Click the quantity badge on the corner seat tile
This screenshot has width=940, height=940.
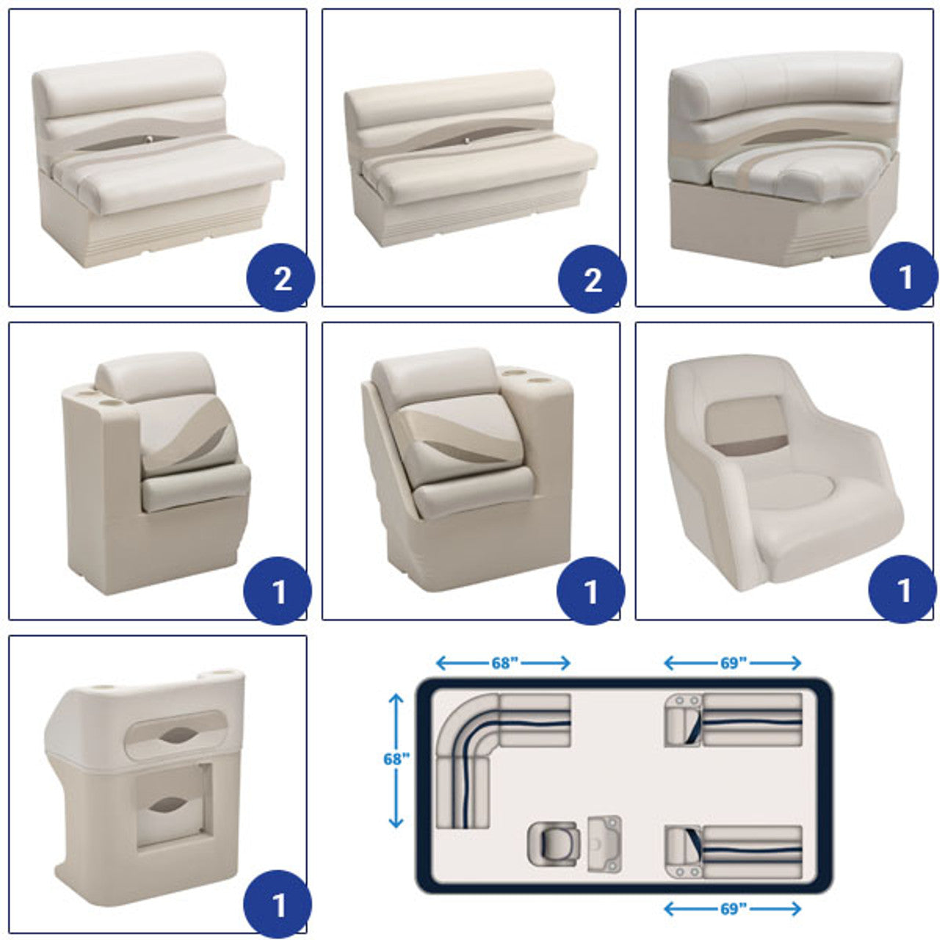click(903, 276)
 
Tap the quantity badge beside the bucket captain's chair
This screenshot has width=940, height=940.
click(903, 589)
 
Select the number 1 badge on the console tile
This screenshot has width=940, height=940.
click(278, 904)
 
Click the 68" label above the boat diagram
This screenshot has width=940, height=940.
click(504, 663)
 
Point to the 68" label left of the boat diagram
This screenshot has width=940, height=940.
click(396, 759)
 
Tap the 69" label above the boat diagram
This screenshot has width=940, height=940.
click(733, 663)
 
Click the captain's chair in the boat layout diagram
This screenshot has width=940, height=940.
click(553, 844)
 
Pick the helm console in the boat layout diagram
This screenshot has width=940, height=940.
click(604, 844)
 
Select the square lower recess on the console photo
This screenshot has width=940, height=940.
click(173, 806)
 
